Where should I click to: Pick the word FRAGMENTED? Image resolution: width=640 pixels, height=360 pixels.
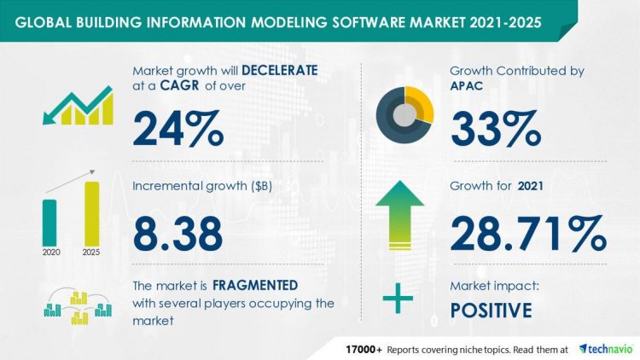pyautogui.click(x=256, y=285)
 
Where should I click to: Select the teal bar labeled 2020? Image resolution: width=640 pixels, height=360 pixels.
pyautogui.click(x=49, y=222)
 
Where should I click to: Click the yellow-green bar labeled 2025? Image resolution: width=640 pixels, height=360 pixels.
pyautogui.click(x=91, y=213)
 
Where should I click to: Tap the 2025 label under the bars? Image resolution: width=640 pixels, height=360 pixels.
pyautogui.click(x=91, y=253)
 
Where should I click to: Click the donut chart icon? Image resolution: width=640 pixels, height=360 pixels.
pyautogui.click(x=406, y=111)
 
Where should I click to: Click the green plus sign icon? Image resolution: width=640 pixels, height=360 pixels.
pyautogui.click(x=397, y=299)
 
